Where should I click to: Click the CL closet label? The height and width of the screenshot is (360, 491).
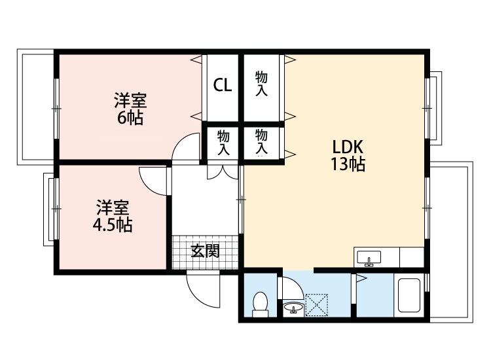[222, 85]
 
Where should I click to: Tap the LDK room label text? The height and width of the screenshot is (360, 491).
[348, 146]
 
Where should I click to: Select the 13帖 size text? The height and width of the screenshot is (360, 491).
[348, 164]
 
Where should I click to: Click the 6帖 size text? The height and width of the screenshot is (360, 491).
[130, 118]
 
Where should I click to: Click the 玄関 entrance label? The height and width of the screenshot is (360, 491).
[205, 251]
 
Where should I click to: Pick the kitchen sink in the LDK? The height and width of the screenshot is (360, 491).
[370, 257]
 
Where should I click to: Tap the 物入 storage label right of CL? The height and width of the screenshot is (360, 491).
[262, 84]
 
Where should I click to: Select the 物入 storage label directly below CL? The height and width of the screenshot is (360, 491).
[223, 141]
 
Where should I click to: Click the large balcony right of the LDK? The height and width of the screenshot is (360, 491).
[451, 242]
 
